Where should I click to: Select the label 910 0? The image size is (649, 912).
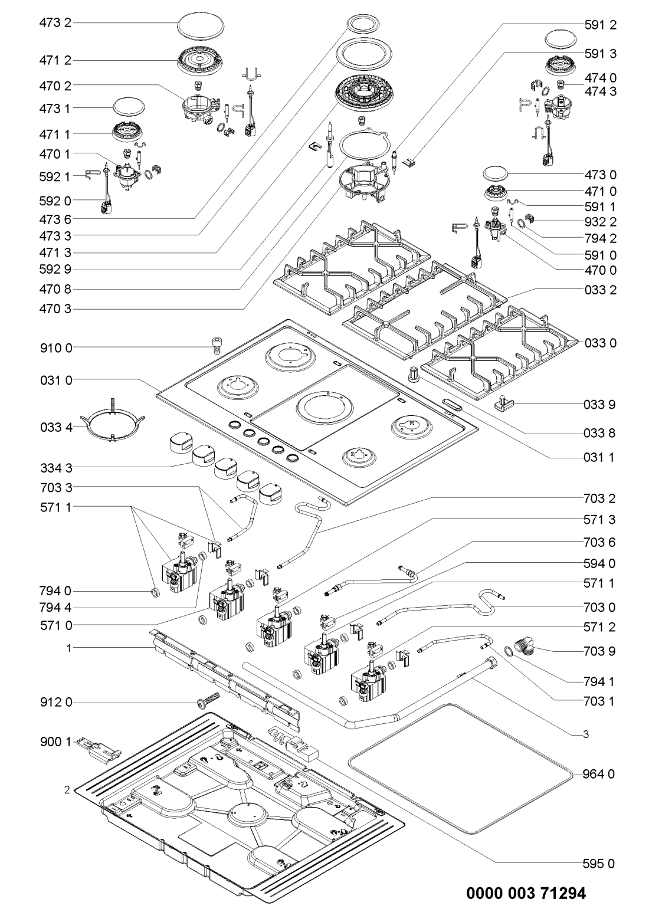(x=55, y=348)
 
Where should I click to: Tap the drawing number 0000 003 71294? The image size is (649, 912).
(x=527, y=893)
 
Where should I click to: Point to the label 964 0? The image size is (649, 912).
(x=600, y=774)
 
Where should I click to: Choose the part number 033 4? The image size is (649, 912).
(x=55, y=426)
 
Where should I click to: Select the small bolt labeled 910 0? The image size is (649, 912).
(x=216, y=344)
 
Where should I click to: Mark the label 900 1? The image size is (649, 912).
(x=55, y=741)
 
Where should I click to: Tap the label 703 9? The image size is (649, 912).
(x=600, y=651)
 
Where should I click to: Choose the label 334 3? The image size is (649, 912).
(x=55, y=468)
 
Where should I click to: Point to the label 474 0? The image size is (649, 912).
(x=600, y=78)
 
